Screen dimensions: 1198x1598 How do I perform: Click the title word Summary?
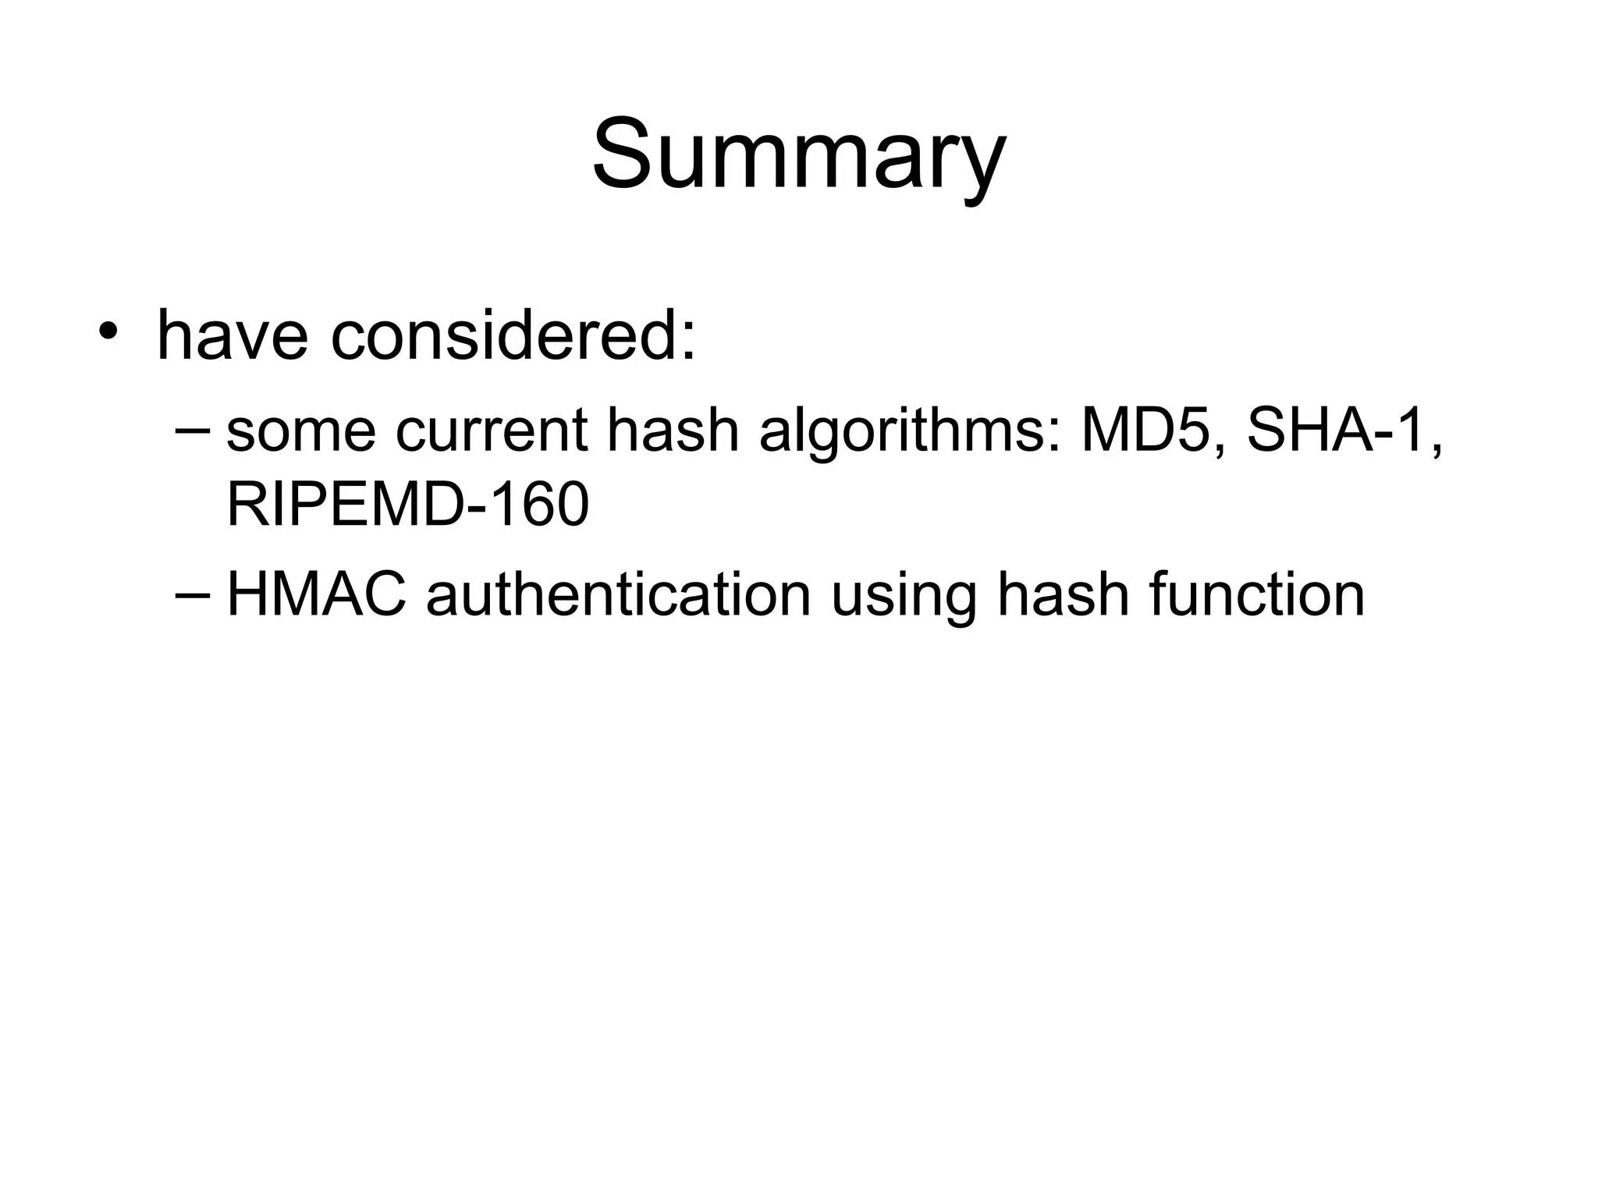coord(798,154)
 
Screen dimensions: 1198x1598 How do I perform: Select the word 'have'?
coord(232,336)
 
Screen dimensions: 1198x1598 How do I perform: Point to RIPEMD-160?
coord(407,505)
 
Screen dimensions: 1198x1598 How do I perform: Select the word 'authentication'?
coord(618,594)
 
